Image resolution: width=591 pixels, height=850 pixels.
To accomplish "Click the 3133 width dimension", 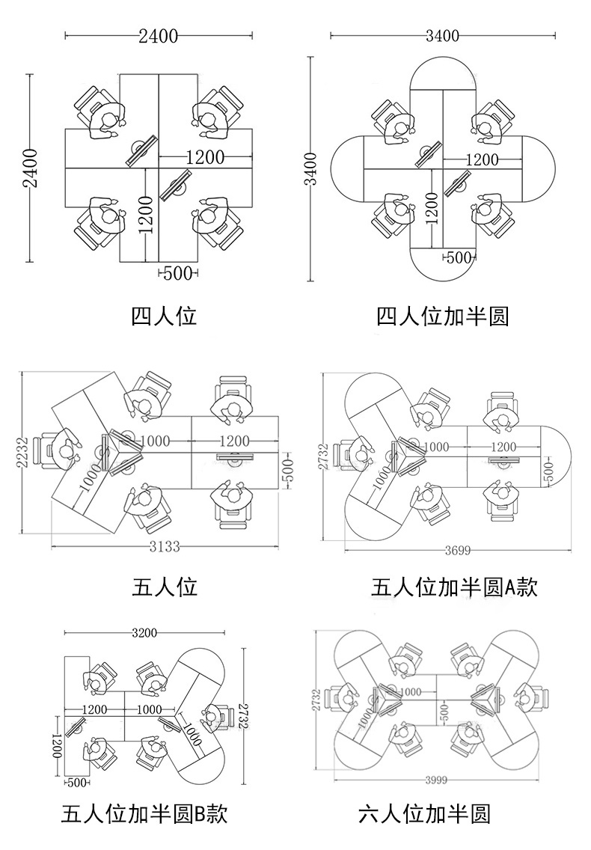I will pyautogui.click(x=164, y=547).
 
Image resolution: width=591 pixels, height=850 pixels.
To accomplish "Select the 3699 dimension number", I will pyautogui.click(x=457, y=551).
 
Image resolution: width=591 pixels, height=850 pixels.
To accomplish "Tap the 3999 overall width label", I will pyautogui.click(x=435, y=780).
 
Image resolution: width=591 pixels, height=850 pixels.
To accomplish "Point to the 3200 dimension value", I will pyautogui.click(x=144, y=633).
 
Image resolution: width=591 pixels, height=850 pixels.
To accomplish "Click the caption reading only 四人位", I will pyautogui.click(x=164, y=317).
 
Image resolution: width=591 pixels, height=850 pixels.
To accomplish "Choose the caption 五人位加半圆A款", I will pyautogui.click(x=454, y=587).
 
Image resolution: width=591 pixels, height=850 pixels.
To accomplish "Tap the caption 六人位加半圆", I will pyautogui.click(x=423, y=813).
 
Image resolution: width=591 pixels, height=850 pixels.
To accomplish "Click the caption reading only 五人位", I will pyautogui.click(x=165, y=587).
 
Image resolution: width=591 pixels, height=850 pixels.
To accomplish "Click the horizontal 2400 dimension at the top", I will pyautogui.click(x=158, y=35).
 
